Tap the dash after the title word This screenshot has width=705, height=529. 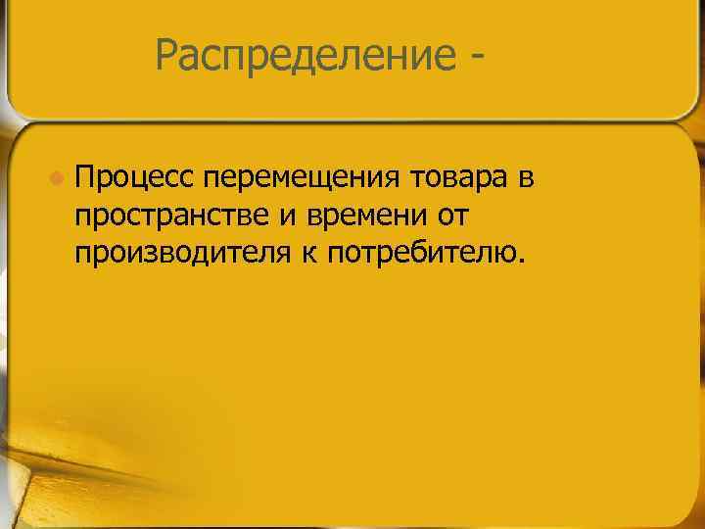tap(475, 61)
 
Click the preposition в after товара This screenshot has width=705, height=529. tap(527, 177)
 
